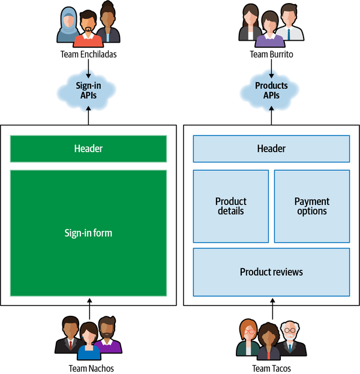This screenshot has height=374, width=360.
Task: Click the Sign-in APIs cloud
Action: [x=88, y=91]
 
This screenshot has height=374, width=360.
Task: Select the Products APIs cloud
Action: [x=271, y=91]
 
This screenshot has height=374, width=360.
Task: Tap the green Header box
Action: [x=88, y=149]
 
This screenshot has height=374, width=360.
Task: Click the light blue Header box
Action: [x=271, y=149]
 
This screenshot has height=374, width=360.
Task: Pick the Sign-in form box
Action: [x=88, y=233]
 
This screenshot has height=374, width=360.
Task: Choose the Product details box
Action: [x=231, y=206]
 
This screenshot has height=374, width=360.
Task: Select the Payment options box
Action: [x=312, y=206]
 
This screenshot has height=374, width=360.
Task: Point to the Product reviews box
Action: [x=271, y=272]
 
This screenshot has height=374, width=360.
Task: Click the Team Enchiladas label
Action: [x=88, y=55]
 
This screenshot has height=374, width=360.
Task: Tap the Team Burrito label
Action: [x=271, y=55]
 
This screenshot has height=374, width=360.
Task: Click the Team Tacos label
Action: [x=271, y=368]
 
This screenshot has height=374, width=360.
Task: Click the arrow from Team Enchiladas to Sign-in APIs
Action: [x=88, y=68]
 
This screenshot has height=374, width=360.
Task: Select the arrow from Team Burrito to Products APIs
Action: [x=271, y=68]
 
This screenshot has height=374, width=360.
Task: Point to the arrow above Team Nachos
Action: [x=88, y=307]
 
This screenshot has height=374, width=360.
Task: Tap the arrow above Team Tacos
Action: [x=271, y=307]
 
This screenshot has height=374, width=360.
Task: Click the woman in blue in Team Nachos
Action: [x=88, y=340]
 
